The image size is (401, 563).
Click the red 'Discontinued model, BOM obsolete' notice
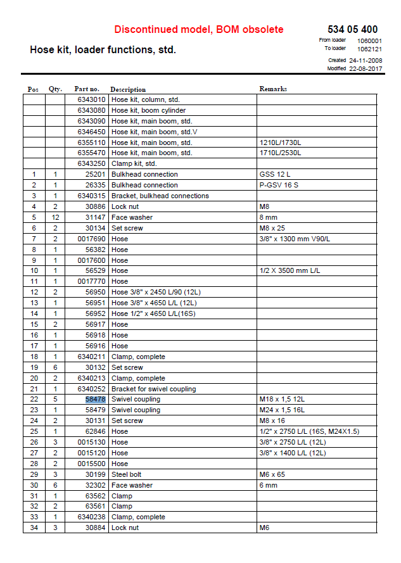(198, 29)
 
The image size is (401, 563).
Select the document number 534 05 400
(352, 29)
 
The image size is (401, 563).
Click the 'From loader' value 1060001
(369, 40)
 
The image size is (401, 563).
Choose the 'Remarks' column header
(273, 89)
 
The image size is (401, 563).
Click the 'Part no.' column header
(87, 89)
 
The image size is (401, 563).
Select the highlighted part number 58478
(96, 400)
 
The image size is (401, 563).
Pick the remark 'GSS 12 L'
(274, 174)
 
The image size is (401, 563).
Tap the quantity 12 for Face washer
(54, 217)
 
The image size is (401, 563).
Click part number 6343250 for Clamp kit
(91, 163)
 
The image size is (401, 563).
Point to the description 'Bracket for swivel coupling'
(153, 389)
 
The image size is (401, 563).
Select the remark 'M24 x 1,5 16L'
(282, 410)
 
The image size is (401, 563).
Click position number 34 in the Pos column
(34, 528)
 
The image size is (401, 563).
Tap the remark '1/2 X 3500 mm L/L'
(290, 270)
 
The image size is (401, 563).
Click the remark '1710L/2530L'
(280, 153)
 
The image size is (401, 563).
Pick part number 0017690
(91, 239)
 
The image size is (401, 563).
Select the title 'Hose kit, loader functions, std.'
(103, 49)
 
